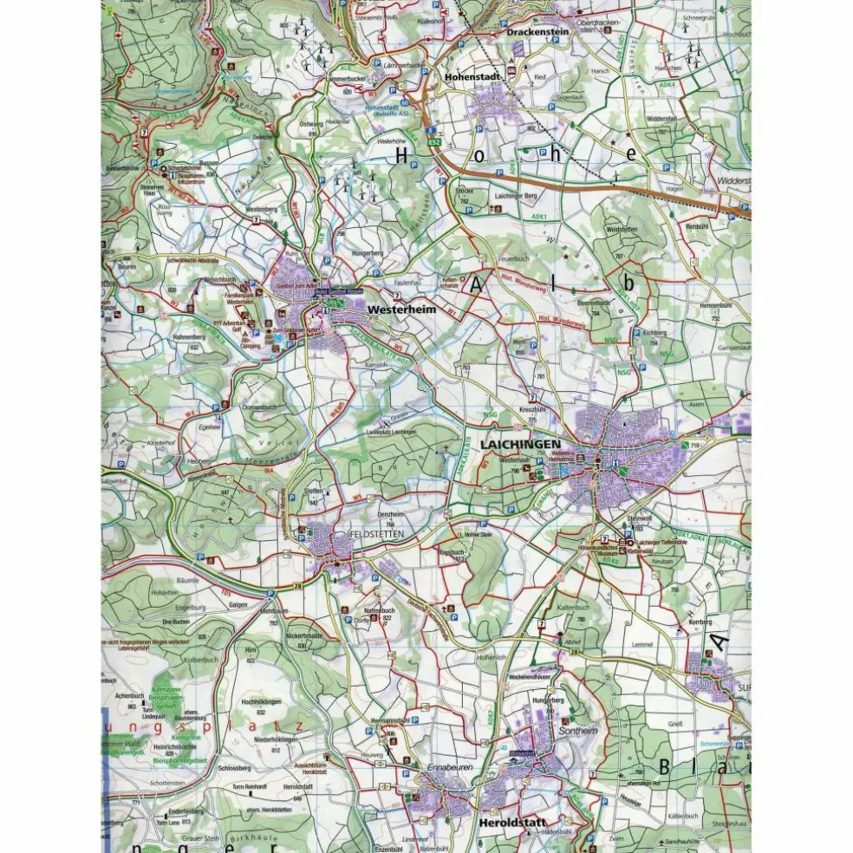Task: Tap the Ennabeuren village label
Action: click(446, 768)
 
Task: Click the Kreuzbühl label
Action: click(531, 407)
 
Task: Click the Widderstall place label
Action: click(661, 119)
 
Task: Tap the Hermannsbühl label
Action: click(387, 720)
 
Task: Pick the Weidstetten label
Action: click(622, 230)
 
